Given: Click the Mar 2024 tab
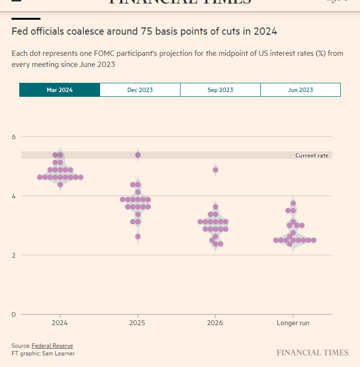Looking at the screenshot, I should [x=60, y=90].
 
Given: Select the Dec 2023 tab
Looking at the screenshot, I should [x=140, y=90].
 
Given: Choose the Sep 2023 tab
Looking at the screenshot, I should [x=220, y=90].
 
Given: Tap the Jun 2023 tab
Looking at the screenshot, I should [x=300, y=90].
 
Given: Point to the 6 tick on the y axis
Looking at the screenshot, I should [x=15, y=137].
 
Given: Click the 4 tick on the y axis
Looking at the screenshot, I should [x=15, y=196].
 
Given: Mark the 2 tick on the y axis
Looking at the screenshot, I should [x=15, y=255].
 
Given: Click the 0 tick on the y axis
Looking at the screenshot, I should [x=15, y=314].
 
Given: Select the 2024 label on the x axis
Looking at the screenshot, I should [x=60, y=323].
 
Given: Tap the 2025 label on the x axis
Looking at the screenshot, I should [x=138, y=323].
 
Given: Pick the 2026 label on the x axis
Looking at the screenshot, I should [x=215, y=323].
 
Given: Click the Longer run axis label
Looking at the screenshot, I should [x=293, y=323].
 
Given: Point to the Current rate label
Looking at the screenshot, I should [x=312, y=155].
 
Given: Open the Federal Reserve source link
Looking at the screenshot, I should [x=52, y=346].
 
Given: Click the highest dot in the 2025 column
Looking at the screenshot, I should [x=138, y=155].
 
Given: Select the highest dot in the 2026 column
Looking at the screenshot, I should [x=215, y=170].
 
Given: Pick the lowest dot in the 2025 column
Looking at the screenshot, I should [x=138, y=236].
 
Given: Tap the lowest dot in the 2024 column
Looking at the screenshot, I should [x=60, y=185].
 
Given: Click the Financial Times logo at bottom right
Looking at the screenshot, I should [x=312, y=353].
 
